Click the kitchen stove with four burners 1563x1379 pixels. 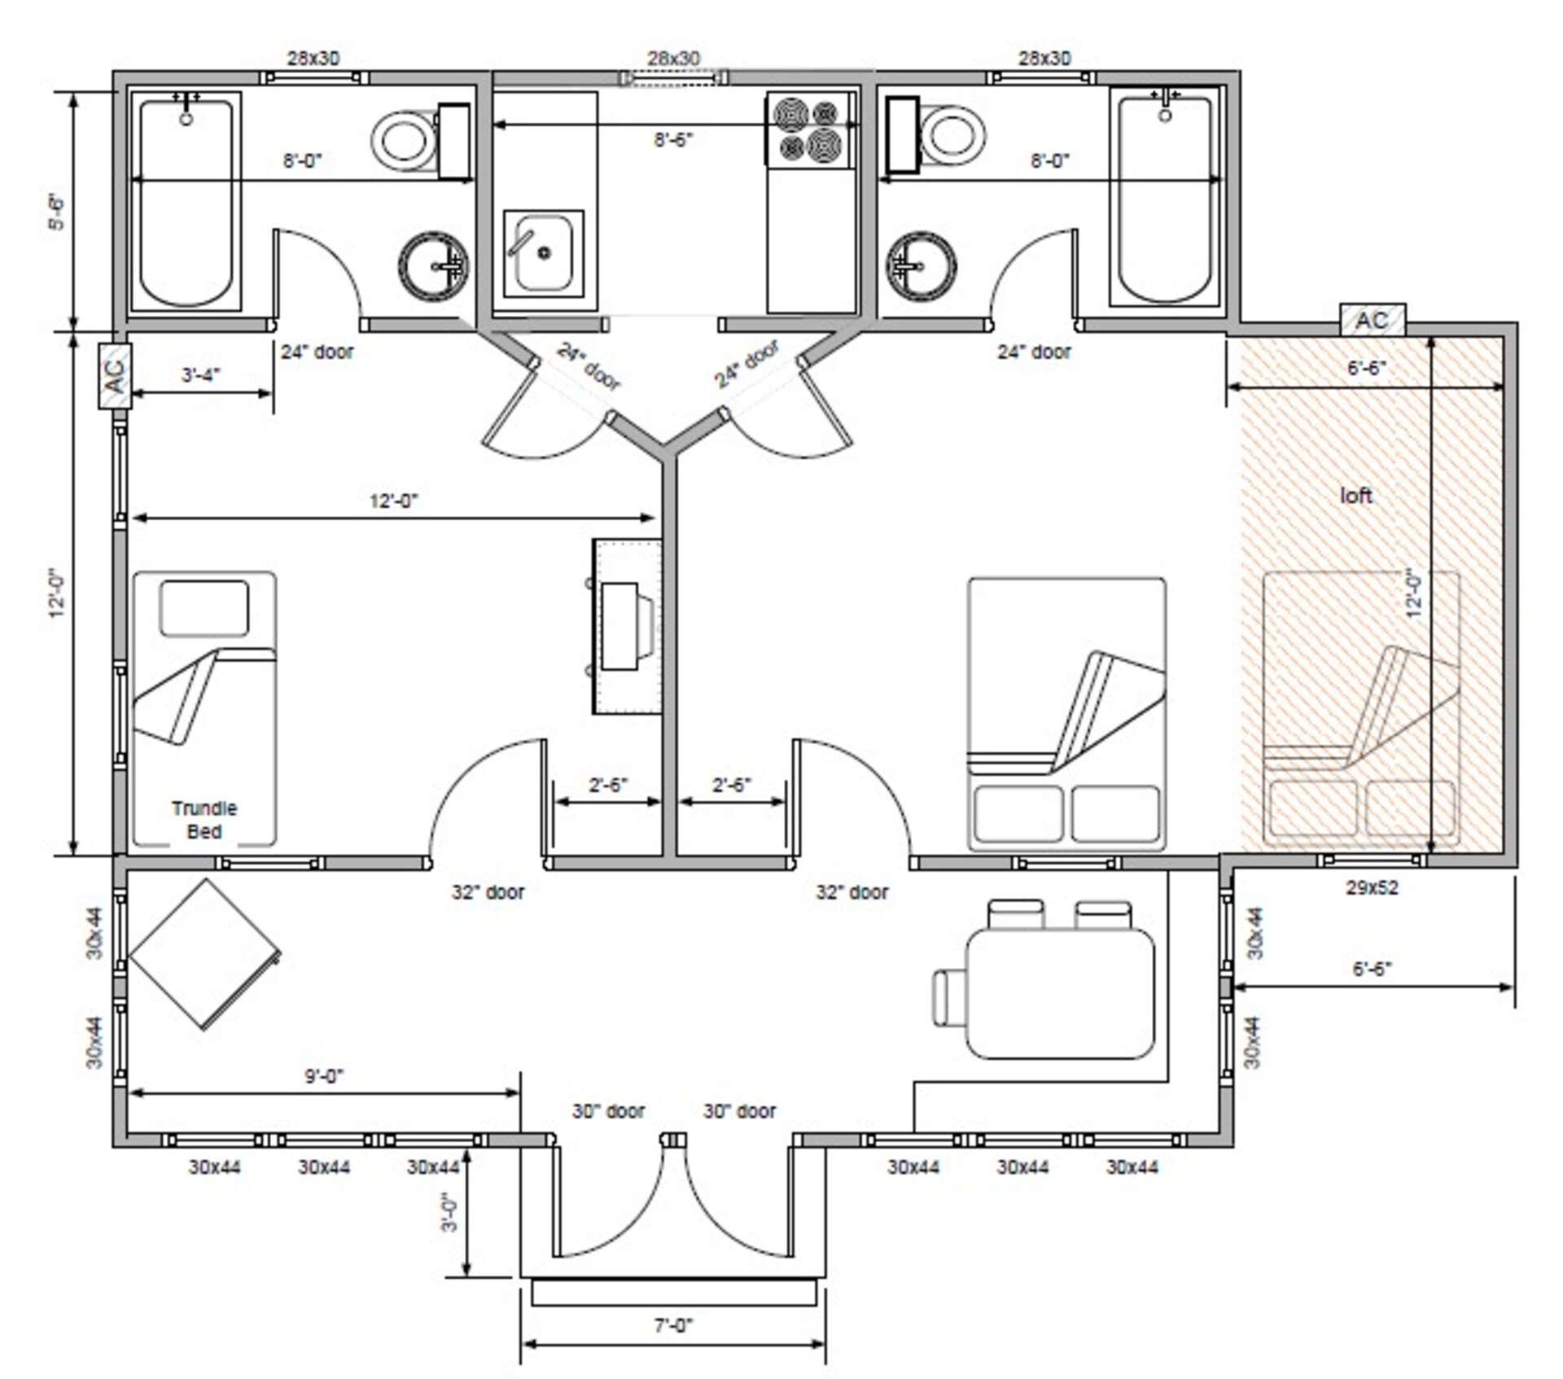tap(810, 129)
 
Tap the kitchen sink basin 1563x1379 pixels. tap(544, 253)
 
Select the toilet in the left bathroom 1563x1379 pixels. tap(420, 141)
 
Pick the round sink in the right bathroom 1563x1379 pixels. tap(921, 265)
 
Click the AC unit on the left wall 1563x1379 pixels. tap(115, 375)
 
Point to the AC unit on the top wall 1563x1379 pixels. tap(1373, 320)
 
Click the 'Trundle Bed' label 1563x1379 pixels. tap(204, 820)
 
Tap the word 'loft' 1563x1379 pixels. tap(1356, 495)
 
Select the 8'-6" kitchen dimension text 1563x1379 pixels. tap(674, 140)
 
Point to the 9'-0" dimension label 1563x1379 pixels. tap(324, 1076)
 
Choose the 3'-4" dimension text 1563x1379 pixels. tap(200, 374)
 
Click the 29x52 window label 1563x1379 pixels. tap(1372, 887)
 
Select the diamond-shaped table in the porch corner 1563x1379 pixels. tap(205, 953)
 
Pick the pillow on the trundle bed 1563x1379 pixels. tap(204, 607)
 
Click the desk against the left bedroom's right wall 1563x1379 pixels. tap(626, 626)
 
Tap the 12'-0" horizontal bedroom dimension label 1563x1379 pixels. tap(394, 501)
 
